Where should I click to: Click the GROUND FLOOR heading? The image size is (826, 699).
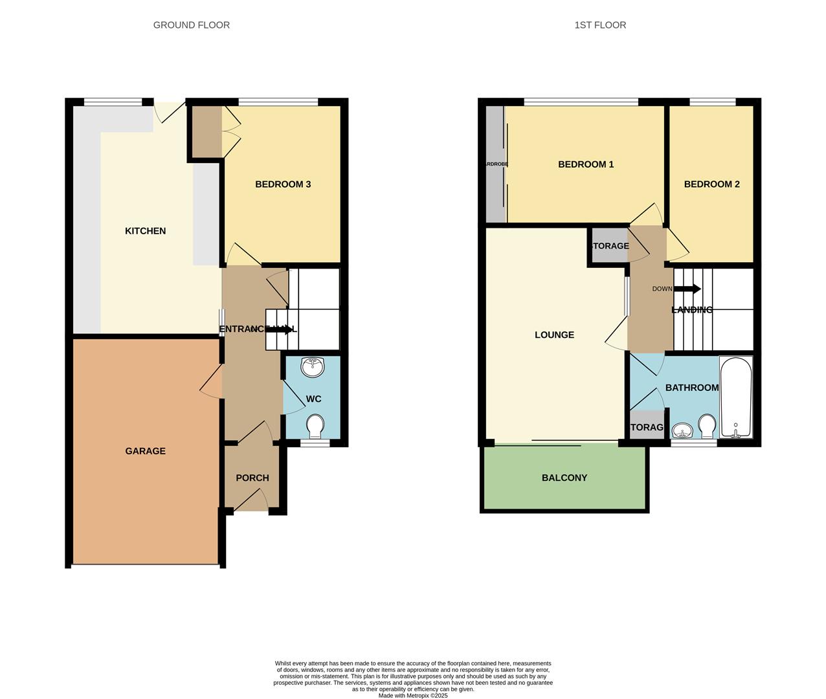[x=191, y=25]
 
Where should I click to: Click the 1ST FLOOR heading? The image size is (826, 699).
[x=599, y=25]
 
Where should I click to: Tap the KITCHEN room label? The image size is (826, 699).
[x=145, y=231]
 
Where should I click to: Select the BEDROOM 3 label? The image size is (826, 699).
[x=282, y=184]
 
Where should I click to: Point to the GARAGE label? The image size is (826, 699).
[x=145, y=451]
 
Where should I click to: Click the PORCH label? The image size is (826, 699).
[x=252, y=478]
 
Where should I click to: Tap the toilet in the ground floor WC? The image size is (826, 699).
[x=315, y=426]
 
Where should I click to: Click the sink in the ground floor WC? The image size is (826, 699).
[x=313, y=367]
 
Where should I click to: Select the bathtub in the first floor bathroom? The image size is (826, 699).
[x=736, y=396]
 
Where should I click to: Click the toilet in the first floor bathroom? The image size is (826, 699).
[x=706, y=426]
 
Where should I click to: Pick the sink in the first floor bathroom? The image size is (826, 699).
[x=682, y=430]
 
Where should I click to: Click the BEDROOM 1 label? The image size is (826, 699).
[x=585, y=164]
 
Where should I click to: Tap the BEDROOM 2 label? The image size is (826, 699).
[x=711, y=184]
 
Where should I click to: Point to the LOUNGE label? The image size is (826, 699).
[x=554, y=335]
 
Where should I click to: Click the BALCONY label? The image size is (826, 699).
[x=564, y=478]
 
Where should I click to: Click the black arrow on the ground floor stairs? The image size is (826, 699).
[x=280, y=329]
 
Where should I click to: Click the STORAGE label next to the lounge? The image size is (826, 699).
[x=609, y=246]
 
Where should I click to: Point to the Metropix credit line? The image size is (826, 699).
[x=412, y=696]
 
